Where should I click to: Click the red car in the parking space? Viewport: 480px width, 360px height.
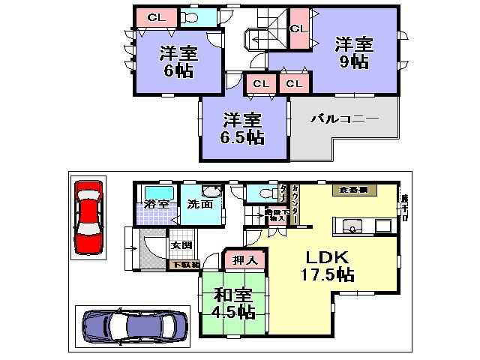click(x=88, y=217)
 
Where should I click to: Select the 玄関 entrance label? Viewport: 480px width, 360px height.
click(x=182, y=245)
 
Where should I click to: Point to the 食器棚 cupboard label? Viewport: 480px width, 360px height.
click(x=352, y=190)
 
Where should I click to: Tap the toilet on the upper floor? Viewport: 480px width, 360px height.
click(x=190, y=16)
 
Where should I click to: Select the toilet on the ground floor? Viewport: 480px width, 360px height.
click(x=260, y=193)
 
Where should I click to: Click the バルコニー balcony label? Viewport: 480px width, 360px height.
click(x=344, y=118)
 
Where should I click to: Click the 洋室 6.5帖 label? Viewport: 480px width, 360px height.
click(x=241, y=128)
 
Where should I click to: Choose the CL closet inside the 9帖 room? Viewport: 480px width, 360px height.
click(x=298, y=28)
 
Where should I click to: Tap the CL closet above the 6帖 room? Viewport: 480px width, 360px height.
click(x=157, y=16)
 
